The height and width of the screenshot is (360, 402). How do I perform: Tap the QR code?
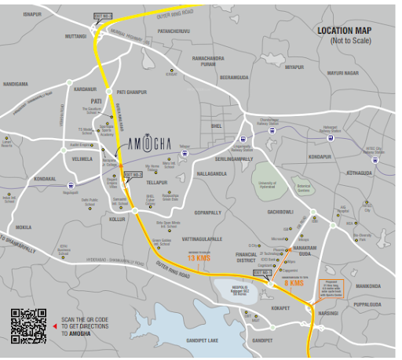28,326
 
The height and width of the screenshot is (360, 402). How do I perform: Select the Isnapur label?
32,14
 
